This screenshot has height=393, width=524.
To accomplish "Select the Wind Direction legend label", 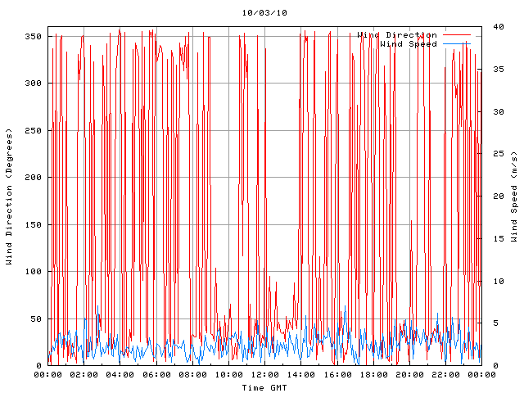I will click(x=397, y=35).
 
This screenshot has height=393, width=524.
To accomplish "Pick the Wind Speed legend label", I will click(x=409, y=44).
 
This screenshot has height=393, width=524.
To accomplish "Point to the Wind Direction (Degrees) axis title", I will click(x=9, y=196).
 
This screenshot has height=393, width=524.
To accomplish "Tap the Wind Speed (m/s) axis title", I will click(x=514, y=196).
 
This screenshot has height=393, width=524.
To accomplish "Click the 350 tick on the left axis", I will click(x=33, y=36).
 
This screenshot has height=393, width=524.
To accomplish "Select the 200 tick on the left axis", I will click(x=33, y=178).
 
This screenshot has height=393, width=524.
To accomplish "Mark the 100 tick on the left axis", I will click(x=33, y=272).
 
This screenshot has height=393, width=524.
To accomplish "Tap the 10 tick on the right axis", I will click(x=492, y=281).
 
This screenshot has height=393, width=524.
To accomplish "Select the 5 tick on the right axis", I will click(x=490, y=323).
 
